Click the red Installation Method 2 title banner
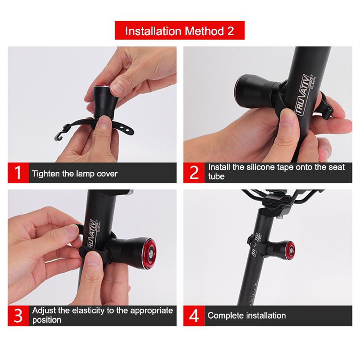(180, 30)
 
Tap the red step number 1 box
(18, 173)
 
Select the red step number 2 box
(194, 173)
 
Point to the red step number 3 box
(18, 316)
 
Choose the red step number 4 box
(194, 316)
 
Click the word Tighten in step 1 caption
(46, 174)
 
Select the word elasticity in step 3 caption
(88, 310)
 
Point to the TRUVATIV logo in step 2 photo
(303, 94)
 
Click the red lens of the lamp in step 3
(149, 253)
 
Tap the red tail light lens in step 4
(291, 251)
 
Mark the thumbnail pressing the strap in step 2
(287, 117)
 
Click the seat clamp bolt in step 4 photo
(279, 216)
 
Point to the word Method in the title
(204, 31)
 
